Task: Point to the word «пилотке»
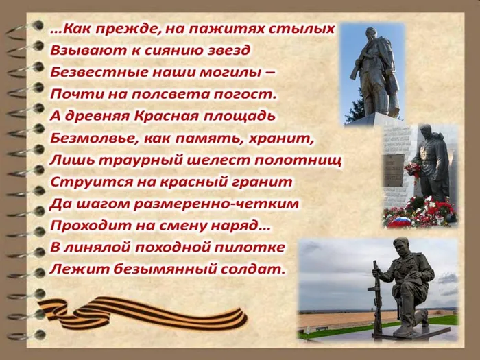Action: pos(254,247)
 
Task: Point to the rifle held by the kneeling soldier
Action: pos(376,295)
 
